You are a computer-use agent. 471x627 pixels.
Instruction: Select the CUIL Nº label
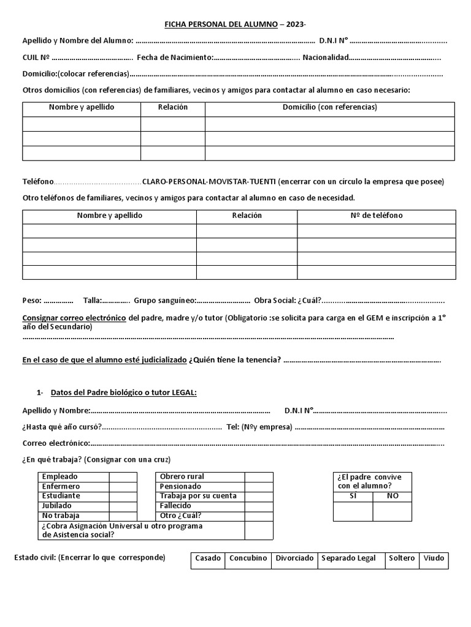36,58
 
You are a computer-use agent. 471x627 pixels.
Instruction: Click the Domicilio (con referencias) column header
329,107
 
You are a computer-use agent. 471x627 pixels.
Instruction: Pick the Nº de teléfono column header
376,216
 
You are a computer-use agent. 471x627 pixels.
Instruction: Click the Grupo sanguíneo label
164,300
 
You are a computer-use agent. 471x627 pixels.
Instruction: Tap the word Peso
31,300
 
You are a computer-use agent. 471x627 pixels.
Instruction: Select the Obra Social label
275,300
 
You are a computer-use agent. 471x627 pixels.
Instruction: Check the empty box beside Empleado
123,476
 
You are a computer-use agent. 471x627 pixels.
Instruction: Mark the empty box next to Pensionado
259,486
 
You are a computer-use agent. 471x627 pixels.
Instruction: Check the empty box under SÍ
353,511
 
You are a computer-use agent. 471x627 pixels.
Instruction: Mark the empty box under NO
392,511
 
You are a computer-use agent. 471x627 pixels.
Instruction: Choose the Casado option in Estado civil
208,558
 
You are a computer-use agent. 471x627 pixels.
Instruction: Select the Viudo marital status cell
434,558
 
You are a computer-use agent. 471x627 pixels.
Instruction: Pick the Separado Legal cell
348,558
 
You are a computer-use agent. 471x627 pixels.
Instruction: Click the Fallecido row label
175,506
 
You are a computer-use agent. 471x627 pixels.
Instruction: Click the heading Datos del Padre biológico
124,392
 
